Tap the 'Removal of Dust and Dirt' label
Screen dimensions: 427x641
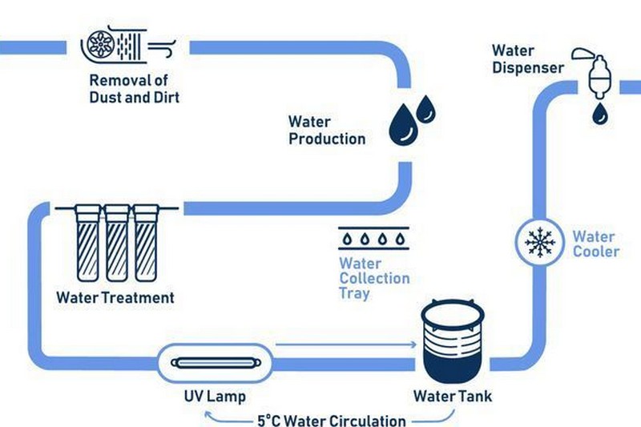(134, 89)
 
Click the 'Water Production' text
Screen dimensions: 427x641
(326, 130)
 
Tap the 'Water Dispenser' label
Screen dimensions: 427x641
(526, 60)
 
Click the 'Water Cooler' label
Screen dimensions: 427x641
(595, 244)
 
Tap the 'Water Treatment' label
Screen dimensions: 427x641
(115, 297)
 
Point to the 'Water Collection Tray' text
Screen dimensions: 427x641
(373, 278)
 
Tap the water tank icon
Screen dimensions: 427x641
(453, 340)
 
